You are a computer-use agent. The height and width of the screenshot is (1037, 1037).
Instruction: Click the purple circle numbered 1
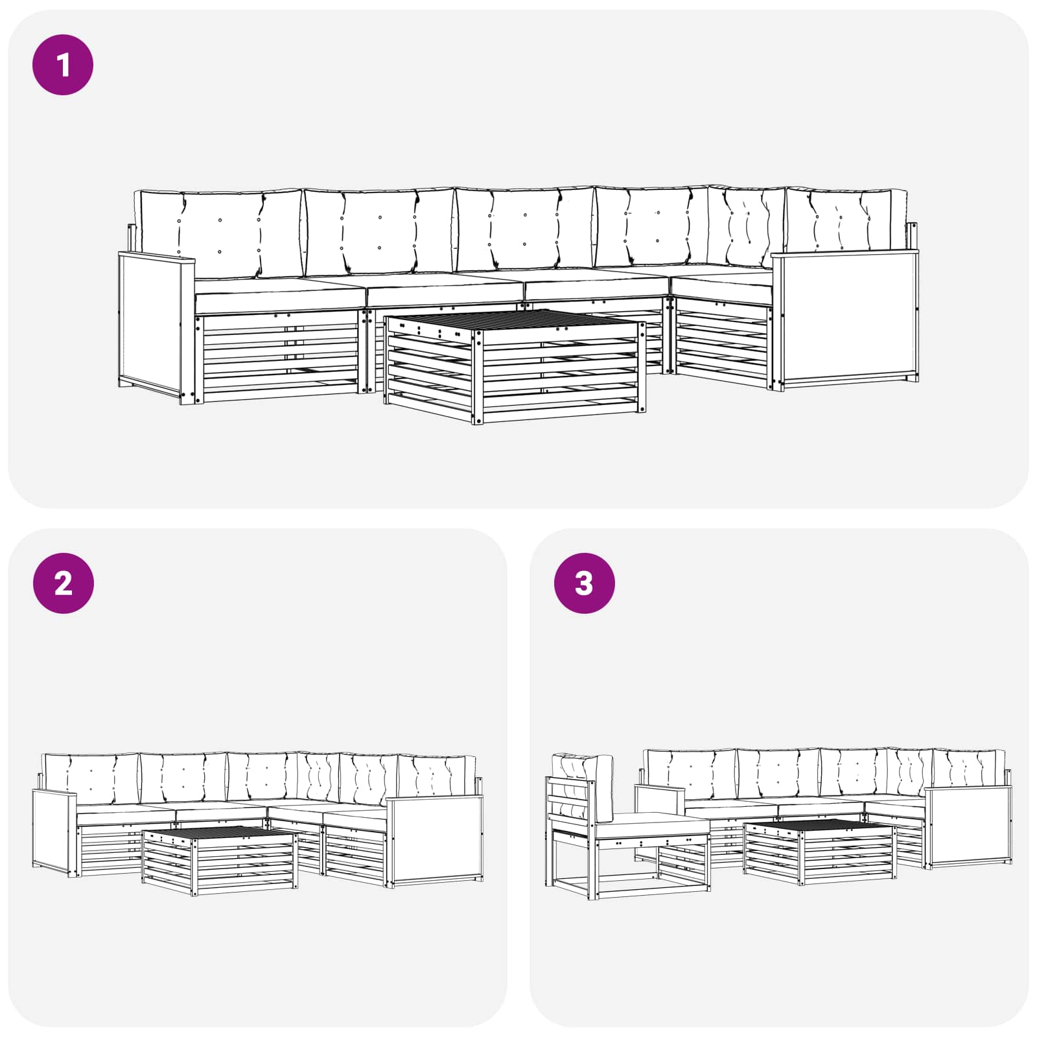pyautogui.click(x=63, y=65)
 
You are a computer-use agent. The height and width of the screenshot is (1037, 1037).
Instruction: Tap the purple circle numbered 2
pyautogui.click(x=63, y=583)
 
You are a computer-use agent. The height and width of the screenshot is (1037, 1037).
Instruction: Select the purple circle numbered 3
pyautogui.click(x=584, y=583)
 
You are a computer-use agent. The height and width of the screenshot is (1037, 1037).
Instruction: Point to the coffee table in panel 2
pyautogui.click(x=220, y=860)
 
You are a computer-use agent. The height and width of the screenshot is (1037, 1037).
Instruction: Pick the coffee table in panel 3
pyautogui.click(x=820, y=852)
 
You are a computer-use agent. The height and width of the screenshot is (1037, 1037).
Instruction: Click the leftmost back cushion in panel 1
pyautogui.click(x=218, y=234)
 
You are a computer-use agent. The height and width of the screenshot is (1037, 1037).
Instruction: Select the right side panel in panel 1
pyautogui.click(x=845, y=321)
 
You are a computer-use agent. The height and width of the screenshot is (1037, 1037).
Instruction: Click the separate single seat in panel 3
pyautogui.click(x=627, y=826)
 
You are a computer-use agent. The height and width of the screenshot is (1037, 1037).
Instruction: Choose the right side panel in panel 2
pyautogui.click(x=434, y=841)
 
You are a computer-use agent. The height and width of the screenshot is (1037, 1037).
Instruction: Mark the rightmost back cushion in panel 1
pyautogui.click(x=846, y=220)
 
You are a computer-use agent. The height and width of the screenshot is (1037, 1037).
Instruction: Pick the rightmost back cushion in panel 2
pyautogui.click(x=436, y=776)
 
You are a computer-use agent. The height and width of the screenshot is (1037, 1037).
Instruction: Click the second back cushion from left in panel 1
pyautogui.click(x=380, y=231)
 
